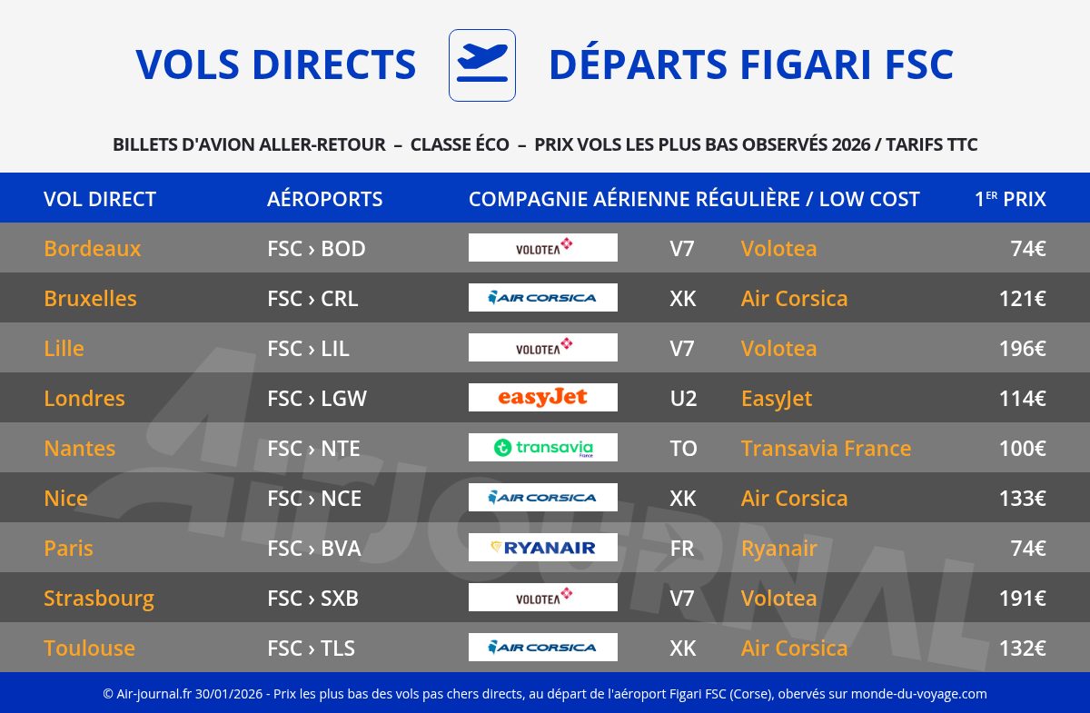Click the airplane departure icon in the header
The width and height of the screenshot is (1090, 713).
(x=482, y=65)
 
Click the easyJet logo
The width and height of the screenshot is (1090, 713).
(x=543, y=398)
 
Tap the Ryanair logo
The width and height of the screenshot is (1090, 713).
(x=543, y=548)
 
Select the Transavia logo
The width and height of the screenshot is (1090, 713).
(x=543, y=448)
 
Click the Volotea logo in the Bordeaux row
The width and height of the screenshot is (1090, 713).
(x=543, y=248)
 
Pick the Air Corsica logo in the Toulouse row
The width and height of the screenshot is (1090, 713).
(x=543, y=648)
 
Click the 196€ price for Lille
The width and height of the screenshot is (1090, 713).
(x=1023, y=349)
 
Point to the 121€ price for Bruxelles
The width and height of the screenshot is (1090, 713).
(x=1023, y=299)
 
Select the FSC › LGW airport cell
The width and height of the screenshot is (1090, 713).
(x=317, y=399)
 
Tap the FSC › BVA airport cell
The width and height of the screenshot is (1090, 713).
(x=314, y=549)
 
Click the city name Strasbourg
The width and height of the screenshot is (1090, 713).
(x=99, y=599)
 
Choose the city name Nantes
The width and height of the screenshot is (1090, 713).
(x=80, y=449)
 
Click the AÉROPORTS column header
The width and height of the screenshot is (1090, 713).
(x=324, y=199)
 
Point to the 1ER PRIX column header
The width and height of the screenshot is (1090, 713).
(x=1010, y=199)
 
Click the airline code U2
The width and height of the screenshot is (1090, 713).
(x=683, y=399)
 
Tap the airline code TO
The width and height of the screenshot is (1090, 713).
(x=683, y=449)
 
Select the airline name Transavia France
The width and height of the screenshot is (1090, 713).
(x=826, y=449)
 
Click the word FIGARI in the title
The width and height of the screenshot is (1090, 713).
(x=806, y=64)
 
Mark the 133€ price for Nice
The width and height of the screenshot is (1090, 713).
(x=1023, y=499)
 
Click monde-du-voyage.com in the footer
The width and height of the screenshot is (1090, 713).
(x=918, y=694)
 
